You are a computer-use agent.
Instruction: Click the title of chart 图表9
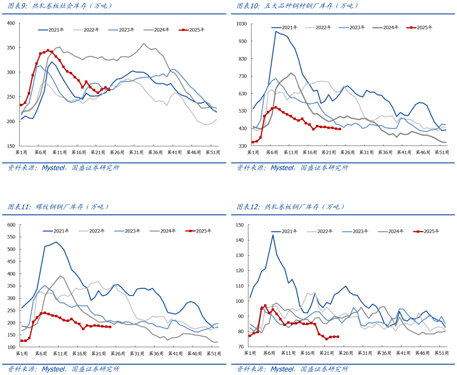click(60, 6)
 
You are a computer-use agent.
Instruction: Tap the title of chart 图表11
click(58, 207)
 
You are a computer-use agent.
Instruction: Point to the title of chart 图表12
click(291, 207)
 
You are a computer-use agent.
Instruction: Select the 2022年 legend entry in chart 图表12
click(320, 231)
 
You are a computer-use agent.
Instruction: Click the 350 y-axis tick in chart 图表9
click(11, 48)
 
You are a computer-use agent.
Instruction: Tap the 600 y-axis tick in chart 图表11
click(11, 225)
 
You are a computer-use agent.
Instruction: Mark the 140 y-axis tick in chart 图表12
click(239, 240)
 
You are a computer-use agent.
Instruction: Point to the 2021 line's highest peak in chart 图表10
click(276, 31)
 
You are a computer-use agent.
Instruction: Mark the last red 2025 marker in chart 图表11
click(110, 327)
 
